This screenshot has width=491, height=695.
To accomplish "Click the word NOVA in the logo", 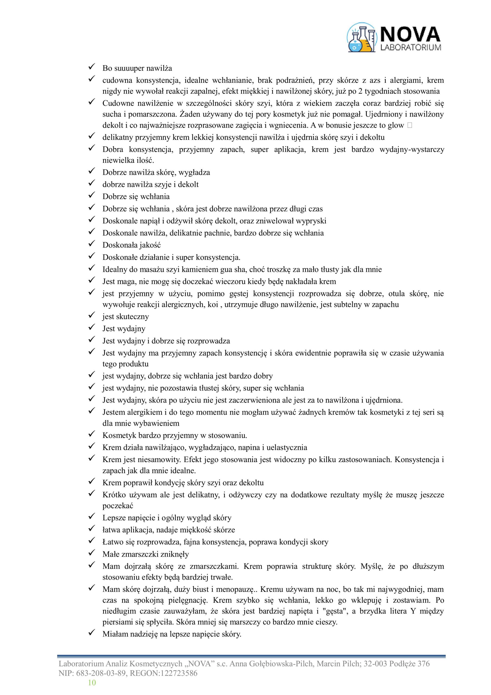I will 410,34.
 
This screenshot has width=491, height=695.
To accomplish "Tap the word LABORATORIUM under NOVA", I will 410,48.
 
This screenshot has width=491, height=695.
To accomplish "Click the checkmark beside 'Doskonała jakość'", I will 92,244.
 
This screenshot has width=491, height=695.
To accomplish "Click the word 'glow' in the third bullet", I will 396,125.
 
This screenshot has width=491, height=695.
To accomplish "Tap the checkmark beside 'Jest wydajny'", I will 92,327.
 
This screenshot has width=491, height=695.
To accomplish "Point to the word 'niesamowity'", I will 159,460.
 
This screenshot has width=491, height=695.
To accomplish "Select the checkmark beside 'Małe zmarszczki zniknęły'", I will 92,553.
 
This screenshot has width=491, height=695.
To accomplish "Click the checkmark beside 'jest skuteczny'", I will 92,315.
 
